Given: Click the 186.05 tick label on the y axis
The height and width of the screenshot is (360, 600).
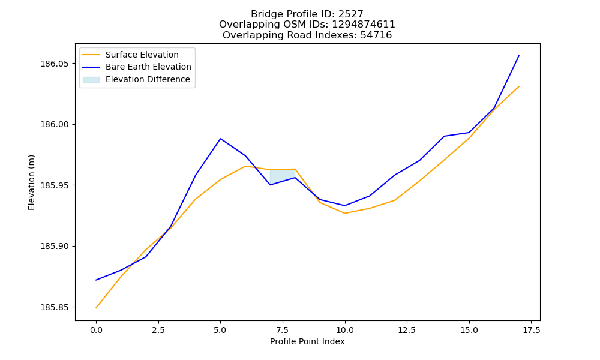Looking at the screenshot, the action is point(55,64).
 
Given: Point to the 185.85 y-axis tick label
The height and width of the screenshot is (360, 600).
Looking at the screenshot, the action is point(55,307).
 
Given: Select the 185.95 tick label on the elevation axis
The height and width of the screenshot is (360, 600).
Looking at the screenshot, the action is point(55,185).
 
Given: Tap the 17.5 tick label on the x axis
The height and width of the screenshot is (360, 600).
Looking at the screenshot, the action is point(531,330).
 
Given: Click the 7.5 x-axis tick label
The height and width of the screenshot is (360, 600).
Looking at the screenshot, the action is point(283,330).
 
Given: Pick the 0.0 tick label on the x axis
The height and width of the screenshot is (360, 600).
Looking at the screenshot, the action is point(96,330).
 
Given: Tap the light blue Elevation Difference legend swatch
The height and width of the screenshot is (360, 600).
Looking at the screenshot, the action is point(91,80).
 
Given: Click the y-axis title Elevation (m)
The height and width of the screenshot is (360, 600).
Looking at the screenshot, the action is point(31,182).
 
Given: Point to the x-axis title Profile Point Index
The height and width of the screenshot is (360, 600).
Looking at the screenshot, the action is point(307,341).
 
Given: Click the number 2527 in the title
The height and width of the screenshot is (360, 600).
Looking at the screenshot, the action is point(351,14).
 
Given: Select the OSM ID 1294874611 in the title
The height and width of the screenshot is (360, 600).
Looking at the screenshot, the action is point(364,25).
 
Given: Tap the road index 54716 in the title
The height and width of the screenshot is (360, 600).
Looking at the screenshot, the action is point(376,35).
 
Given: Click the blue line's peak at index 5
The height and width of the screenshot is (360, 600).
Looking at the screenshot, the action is point(220,139).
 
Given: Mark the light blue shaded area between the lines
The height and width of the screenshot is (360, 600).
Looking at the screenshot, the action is point(283,177).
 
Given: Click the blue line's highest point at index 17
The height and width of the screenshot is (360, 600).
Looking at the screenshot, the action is point(519,56).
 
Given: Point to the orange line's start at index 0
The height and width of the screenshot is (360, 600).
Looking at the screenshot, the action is point(96,308).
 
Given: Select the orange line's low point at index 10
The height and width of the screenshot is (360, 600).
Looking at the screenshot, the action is point(345,213).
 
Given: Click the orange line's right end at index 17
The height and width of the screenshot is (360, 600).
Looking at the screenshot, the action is point(519,86).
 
